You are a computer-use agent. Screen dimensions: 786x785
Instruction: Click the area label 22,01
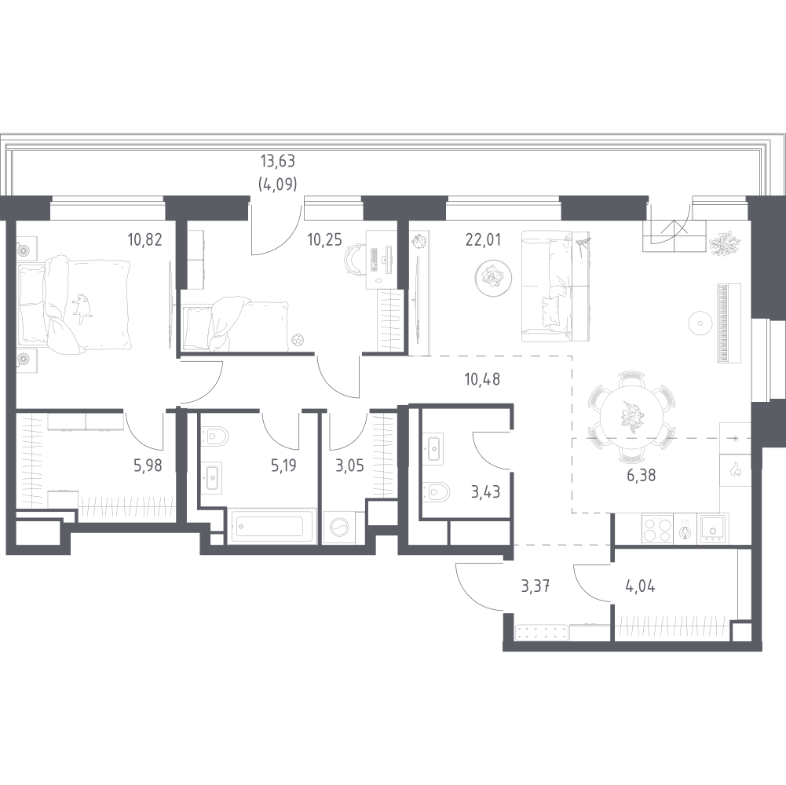click(x=483, y=240)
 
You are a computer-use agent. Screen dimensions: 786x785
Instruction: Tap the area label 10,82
click(x=144, y=240)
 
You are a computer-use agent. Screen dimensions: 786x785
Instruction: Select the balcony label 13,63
click(x=278, y=162)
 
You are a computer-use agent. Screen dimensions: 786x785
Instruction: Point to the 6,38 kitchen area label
click(x=642, y=475)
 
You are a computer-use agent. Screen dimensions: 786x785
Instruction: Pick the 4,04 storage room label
click(x=640, y=586)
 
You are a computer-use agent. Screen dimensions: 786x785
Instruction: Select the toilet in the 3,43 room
click(x=436, y=491)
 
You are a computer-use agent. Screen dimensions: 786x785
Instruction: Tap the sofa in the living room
click(x=555, y=287)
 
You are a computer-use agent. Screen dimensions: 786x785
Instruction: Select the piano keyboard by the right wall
click(x=722, y=323)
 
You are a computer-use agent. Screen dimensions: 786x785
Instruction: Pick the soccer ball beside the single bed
click(x=298, y=340)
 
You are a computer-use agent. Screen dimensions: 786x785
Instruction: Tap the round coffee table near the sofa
click(x=493, y=277)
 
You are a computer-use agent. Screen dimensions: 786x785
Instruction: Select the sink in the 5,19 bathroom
click(x=214, y=477)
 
